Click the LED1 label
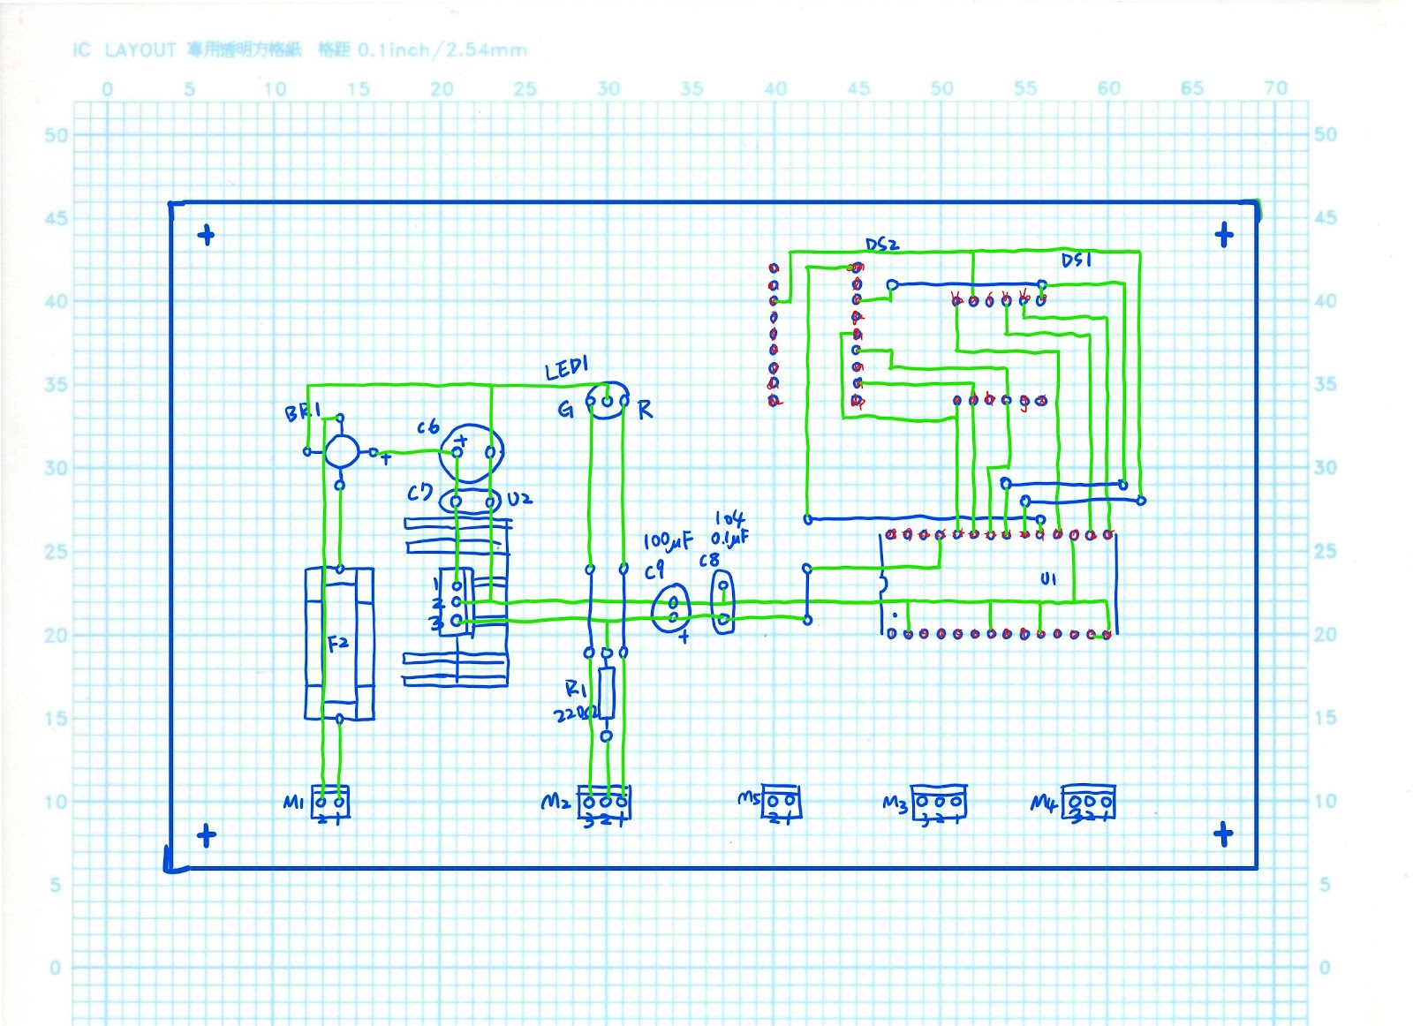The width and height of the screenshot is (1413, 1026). (566, 368)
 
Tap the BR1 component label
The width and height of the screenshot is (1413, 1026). (302, 412)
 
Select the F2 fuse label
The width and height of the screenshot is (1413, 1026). (338, 644)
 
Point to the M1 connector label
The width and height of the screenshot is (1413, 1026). (293, 802)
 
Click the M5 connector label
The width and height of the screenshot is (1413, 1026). (748, 799)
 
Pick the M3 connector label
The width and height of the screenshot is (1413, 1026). (895, 803)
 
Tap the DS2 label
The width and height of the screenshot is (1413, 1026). (881, 244)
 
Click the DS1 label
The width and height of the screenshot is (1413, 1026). (1077, 260)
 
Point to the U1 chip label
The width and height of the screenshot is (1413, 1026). (1048, 579)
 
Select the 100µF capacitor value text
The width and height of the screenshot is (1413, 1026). (668, 540)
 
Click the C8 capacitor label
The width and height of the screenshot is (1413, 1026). (709, 561)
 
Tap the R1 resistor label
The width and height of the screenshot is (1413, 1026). (576, 689)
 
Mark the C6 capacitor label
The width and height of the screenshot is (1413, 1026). (428, 427)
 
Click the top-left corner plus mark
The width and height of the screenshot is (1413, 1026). (206, 235)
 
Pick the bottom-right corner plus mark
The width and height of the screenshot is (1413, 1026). (1223, 834)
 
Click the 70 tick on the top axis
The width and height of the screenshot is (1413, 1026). (1275, 88)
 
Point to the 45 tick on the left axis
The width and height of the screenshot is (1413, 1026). (56, 218)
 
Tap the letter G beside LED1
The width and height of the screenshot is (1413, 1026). (565, 410)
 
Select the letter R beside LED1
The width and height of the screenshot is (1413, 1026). (646, 410)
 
